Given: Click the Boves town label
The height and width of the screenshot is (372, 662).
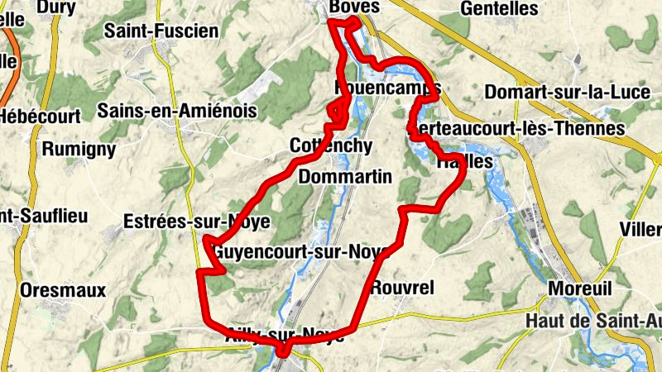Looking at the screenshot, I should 353,7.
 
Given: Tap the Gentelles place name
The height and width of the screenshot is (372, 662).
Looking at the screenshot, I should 499,8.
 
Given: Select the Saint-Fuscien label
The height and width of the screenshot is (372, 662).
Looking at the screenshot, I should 161,31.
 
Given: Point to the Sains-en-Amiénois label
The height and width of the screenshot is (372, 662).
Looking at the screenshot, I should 177,110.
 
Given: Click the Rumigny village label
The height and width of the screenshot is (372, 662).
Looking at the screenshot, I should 78,149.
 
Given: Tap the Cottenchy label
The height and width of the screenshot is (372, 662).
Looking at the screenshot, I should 331,145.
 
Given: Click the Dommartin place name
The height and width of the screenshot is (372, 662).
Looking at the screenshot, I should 344,177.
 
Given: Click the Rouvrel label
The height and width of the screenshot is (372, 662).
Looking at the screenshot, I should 403,288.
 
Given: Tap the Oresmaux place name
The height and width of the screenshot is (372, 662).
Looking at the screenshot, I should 64,290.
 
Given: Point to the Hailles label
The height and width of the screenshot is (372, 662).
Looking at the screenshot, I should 464,162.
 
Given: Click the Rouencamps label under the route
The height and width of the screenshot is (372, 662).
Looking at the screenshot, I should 387,88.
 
